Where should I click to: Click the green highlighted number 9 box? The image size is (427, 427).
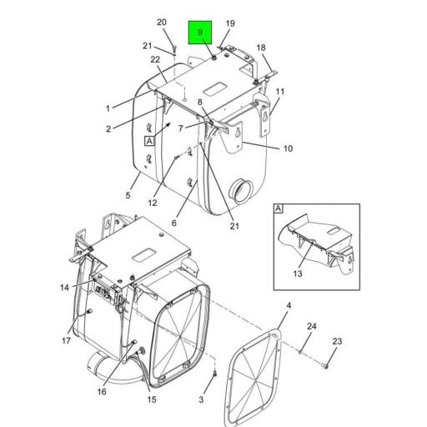point(200,33)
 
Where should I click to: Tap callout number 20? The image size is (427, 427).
point(162,23)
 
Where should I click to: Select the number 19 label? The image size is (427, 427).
point(230,23)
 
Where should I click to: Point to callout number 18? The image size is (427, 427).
point(261,48)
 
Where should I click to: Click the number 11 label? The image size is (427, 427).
point(280,92)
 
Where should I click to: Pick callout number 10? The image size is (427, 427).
point(288,148)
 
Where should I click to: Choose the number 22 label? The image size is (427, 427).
point(155,59)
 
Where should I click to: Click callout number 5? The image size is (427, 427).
point(128,195)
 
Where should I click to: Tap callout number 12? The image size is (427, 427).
point(153,203)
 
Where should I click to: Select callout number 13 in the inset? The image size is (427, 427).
point(298,274)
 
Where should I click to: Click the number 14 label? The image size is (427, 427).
point(64,288)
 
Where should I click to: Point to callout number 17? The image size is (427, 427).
point(66,340)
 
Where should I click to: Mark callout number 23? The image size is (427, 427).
point(337,341)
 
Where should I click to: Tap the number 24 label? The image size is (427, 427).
point(312,326)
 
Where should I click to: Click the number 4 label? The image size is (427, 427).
point(289,306)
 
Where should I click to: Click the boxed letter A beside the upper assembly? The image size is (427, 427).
point(149,141)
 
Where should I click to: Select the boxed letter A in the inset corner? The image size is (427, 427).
point(279,208)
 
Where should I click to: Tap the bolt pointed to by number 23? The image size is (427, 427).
point(326,366)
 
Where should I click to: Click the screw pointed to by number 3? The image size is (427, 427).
point(214,375)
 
